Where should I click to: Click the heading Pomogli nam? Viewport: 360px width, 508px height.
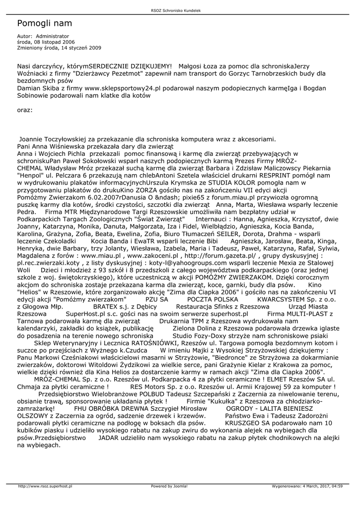click(45, 23)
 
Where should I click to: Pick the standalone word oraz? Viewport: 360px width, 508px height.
click(25, 110)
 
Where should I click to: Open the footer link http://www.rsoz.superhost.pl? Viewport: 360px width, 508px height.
click(45, 486)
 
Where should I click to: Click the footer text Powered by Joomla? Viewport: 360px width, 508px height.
click(169, 486)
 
